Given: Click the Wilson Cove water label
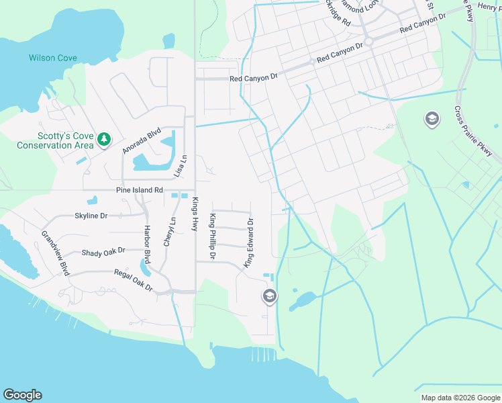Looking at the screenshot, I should point(52,58).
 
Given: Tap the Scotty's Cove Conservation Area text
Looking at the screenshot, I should point(55,140).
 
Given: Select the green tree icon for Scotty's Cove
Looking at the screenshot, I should point(103,139).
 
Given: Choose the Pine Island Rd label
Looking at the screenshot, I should point(140,191).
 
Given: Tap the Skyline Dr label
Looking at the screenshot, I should point(91,216).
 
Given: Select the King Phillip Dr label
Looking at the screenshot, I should point(212,236).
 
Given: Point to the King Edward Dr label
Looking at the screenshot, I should point(249,242).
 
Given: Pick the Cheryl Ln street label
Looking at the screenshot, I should point(172,230).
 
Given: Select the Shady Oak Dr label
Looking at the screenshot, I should point(103,252).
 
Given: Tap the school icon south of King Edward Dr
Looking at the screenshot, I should point(269,296).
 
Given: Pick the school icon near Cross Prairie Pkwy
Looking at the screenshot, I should point(432,120).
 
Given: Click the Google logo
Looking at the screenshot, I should point(22,395).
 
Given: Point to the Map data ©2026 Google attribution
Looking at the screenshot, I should point(460,398).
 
